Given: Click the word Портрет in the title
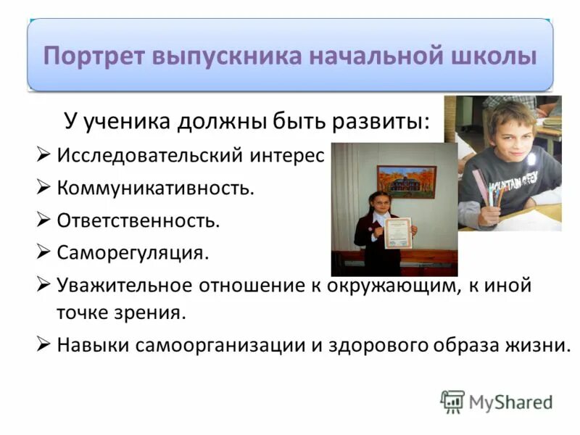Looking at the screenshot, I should coord(91,56).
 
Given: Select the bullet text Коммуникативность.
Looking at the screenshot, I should coord(156,188).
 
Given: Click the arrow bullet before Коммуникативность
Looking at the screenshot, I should coord(43,188).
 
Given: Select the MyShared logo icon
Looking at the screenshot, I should coord(452,401).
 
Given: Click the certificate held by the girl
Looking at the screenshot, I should coord(397,233).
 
